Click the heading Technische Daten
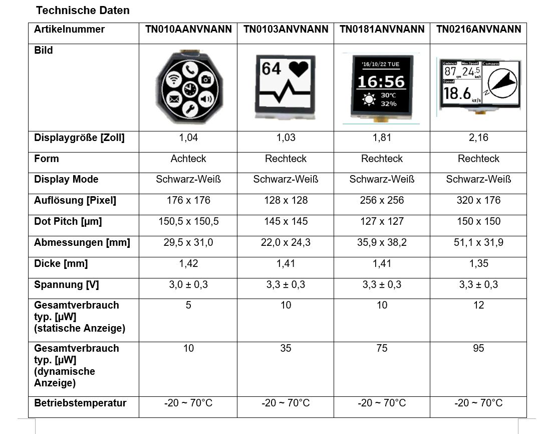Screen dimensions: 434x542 [83, 10]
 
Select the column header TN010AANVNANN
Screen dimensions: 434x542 [188, 29]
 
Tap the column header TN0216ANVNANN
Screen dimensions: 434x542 [478, 29]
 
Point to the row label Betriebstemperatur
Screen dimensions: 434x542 [80, 403]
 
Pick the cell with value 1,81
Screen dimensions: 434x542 [382, 137]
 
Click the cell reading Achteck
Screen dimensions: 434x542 [188, 159]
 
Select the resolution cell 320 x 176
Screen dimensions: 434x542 [478, 200]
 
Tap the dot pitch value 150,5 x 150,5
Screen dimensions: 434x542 [188, 221]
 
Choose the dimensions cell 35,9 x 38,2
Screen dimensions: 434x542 [382, 242]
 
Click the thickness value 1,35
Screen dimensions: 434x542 [478, 263]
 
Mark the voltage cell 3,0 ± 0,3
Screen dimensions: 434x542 [188, 284]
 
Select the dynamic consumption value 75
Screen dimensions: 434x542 [382, 348]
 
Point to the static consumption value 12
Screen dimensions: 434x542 [478, 305]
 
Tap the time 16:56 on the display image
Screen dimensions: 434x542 [381, 82]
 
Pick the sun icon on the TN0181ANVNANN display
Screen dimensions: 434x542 [369, 99]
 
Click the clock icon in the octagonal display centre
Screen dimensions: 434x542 [189, 89]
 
